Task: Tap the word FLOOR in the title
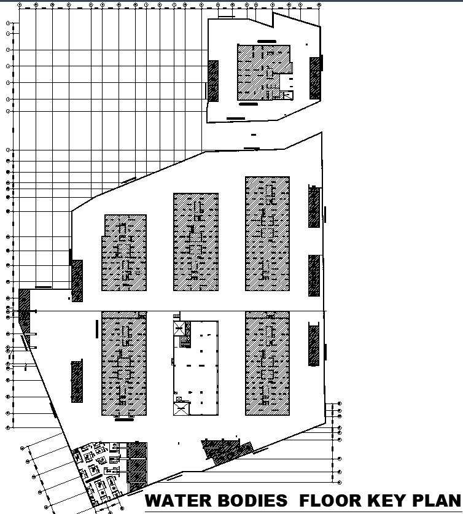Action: pos(329,500)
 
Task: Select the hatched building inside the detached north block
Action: pos(264,72)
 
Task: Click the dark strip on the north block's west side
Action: pos(213,80)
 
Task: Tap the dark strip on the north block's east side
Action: pos(315,77)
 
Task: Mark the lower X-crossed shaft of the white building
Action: pos(181,407)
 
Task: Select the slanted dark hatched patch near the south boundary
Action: pos(226,451)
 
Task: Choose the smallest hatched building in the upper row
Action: pos(125,252)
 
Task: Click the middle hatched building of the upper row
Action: pos(196,242)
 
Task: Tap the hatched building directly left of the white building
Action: pos(124,363)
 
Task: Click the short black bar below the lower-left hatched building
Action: pos(124,420)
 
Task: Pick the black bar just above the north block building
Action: pos(266,41)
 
